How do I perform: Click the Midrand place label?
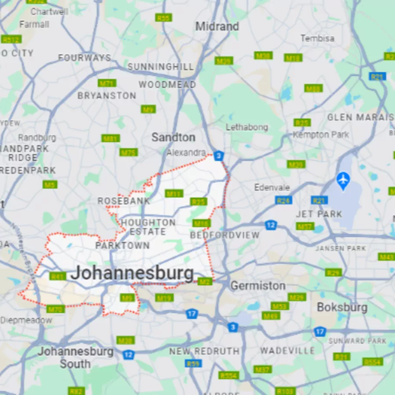(x=217, y=26)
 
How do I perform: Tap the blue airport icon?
(x=343, y=180)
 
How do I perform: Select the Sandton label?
(x=173, y=137)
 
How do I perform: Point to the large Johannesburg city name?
(x=132, y=273)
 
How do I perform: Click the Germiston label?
(x=258, y=286)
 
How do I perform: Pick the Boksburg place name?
(x=342, y=307)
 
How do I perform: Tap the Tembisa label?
(x=317, y=39)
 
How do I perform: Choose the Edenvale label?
(x=272, y=188)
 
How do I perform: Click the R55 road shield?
(x=163, y=18)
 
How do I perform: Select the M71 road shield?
(x=107, y=83)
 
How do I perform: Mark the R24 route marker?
(x=284, y=200)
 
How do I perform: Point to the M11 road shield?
(x=174, y=194)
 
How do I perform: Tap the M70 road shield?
(x=56, y=309)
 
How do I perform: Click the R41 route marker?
(x=58, y=276)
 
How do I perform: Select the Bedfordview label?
(x=225, y=235)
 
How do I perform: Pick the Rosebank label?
(x=123, y=201)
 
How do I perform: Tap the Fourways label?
(x=85, y=57)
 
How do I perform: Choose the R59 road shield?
(x=193, y=363)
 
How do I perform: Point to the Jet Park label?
(x=319, y=214)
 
